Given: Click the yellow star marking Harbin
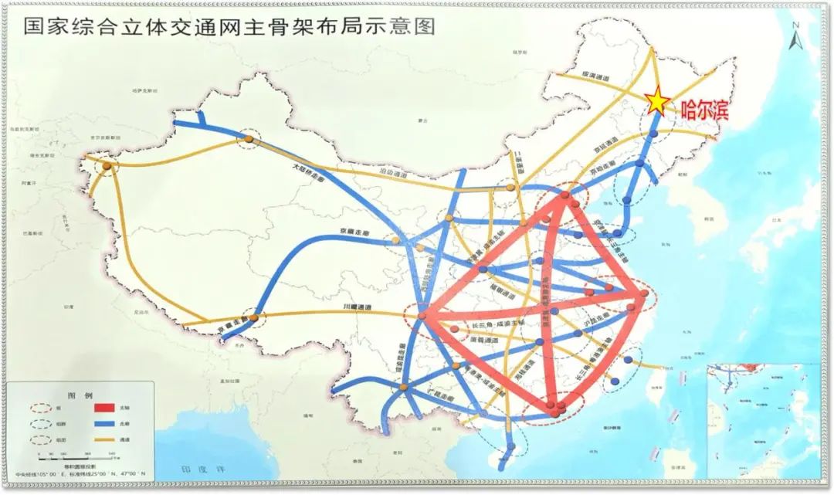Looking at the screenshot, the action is (657, 100).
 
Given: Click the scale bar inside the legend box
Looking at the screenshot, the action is (85, 454).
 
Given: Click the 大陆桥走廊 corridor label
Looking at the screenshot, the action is (310, 170).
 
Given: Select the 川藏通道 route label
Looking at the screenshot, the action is (357, 308).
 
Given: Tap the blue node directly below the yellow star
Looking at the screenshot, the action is (653, 134).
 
